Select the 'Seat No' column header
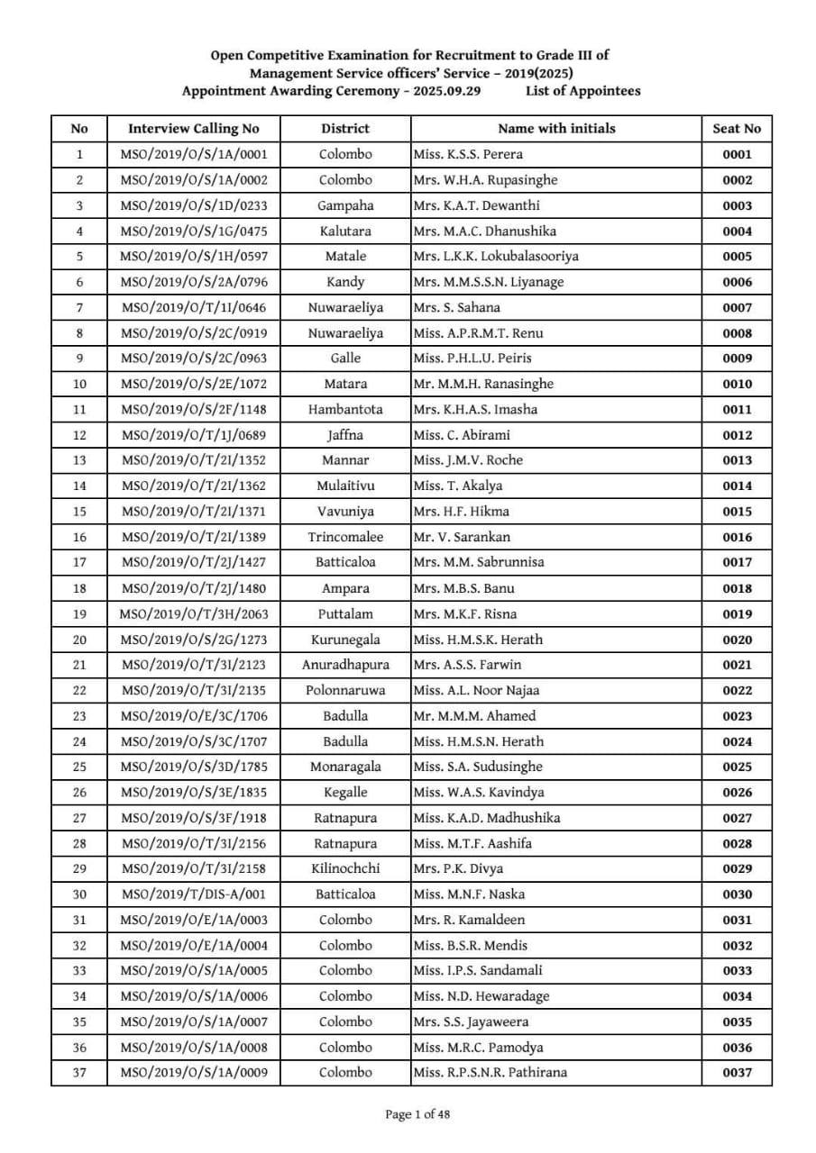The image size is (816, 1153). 737,129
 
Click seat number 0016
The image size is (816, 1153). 737,537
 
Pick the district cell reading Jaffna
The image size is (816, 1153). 345,435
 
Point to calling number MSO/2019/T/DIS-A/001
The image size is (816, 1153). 193,894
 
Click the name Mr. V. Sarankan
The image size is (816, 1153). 462,537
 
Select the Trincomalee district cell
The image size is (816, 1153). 345,537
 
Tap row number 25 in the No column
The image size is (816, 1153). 79,767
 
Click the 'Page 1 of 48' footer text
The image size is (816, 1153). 417,1114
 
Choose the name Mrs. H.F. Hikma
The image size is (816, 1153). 461,512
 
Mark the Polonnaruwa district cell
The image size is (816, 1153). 345,690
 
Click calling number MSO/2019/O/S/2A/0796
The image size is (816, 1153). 193,282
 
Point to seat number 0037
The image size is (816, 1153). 737,1073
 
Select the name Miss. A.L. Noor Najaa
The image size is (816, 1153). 474,690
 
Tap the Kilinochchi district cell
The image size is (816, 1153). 345,868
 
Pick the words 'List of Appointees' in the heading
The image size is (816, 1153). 583,91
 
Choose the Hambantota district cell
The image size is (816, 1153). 345,409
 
